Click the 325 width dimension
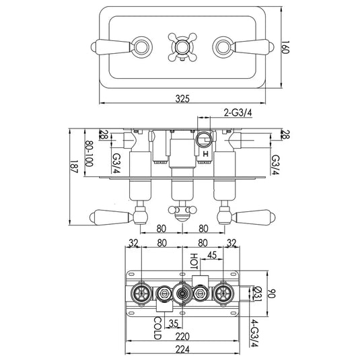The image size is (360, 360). click(x=183, y=98)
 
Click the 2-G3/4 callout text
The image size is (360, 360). click(x=241, y=112)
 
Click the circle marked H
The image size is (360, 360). click(x=204, y=141)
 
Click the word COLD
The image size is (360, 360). click(x=157, y=325)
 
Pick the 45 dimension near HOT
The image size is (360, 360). click(x=211, y=255)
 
